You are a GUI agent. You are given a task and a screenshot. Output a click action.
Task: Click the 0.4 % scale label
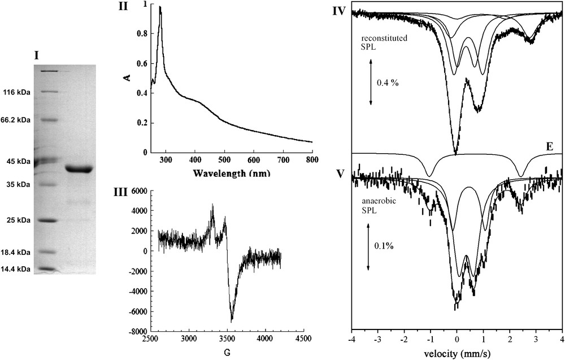388,83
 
